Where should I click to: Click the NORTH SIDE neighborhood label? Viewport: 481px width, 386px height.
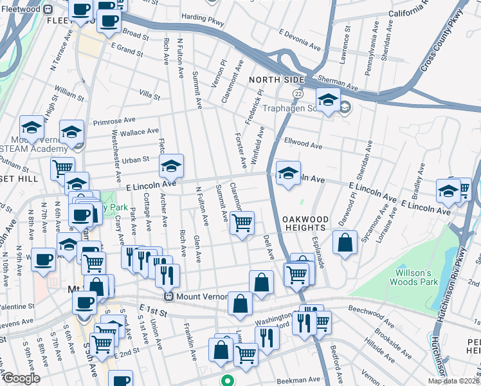tap(276, 79)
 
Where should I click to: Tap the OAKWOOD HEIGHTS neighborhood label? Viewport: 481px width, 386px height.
tap(305, 224)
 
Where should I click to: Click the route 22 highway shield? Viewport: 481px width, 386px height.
tap(298, 94)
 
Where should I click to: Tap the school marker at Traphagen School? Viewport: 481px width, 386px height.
tap(328, 99)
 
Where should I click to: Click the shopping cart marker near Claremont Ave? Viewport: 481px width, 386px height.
tap(242, 223)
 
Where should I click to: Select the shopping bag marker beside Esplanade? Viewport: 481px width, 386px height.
tap(345, 243)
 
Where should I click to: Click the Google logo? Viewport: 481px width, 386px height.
tap(22, 378)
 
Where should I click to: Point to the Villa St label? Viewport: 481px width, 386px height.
tap(149, 95)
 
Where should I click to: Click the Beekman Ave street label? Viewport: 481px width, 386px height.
tap(299, 380)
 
